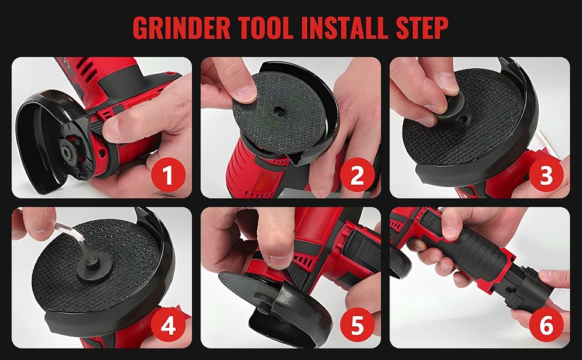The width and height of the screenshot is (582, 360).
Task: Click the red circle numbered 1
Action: [x=167, y=176]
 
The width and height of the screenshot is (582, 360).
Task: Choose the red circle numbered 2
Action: [x=357, y=176]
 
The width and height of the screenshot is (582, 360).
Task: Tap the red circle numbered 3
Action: [x=546, y=176]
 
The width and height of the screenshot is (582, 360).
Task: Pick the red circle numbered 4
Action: [x=167, y=326]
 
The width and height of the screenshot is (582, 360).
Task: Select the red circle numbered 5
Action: [x=357, y=326]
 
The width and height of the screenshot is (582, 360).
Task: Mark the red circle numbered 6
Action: [x=546, y=326]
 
